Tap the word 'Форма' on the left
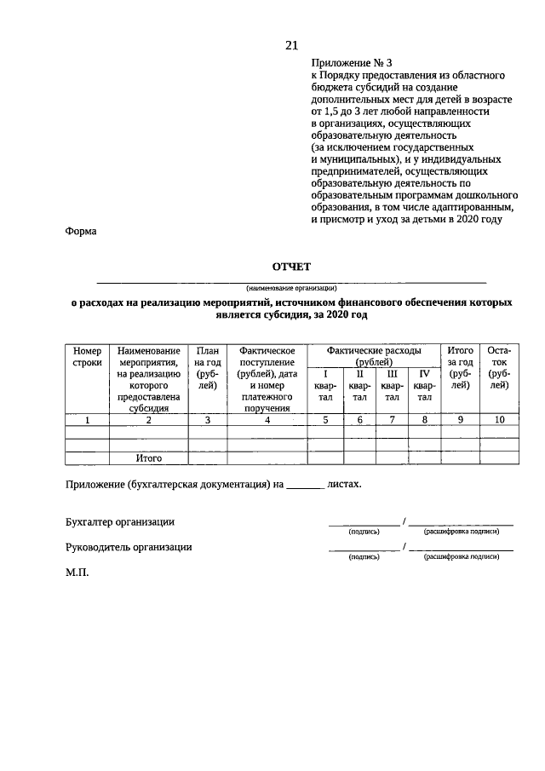click(x=81, y=231)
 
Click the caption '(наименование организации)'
click(x=291, y=287)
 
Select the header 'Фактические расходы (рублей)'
click(x=375, y=356)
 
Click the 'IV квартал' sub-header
click(x=424, y=385)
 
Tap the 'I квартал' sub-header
click(x=324, y=385)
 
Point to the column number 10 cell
click(x=500, y=419)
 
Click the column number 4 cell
click(x=267, y=419)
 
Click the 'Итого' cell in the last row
click(x=148, y=458)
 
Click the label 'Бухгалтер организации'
click(x=120, y=521)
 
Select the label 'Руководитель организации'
click(x=128, y=548)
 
